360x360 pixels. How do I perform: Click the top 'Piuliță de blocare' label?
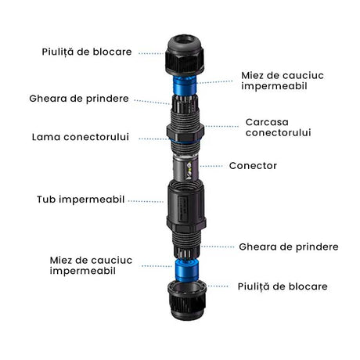[x=87, y=52]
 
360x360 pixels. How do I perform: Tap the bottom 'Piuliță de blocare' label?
[x=283, y=286]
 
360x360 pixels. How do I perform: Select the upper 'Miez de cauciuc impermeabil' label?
[x=283, y=81]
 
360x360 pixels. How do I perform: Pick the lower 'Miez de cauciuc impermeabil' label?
[x=91, y=265]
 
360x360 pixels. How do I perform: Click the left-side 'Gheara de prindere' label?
[x=79, y=99]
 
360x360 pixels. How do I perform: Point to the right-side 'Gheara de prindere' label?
[x=289, y=247]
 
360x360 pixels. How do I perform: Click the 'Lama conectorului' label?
[x=81, y=137]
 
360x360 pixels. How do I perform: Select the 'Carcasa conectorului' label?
[x=278, y=127]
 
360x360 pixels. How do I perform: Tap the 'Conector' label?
[x=253, y=166]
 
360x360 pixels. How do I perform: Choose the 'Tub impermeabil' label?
[x=81, y=200]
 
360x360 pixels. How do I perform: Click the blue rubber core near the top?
[x=185, y=85]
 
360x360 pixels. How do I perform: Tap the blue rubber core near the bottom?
[x=187, y=269]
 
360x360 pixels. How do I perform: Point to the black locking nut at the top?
[x=185, y=55]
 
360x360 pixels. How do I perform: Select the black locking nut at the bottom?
[x=187, y=300]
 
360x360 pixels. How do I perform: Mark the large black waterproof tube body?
[x=186, y=205]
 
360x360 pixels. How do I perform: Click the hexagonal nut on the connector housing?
[x=185, y=132]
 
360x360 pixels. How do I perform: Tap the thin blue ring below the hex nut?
[x=185, y=142]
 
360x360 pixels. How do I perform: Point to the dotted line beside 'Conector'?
[x=211, y=166]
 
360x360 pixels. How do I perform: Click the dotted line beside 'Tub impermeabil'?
[x=146, y=201]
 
